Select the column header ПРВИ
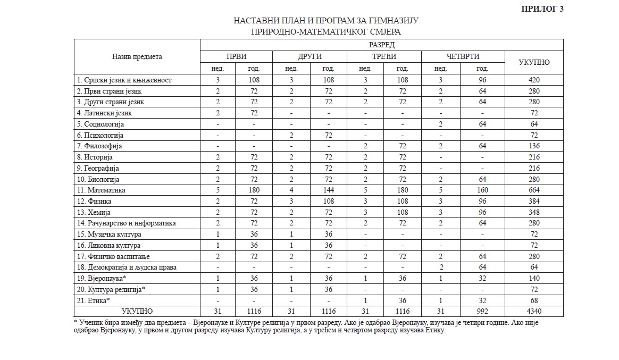click(236, 56)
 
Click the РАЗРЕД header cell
click(381, 45)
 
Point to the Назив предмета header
click(137, 56)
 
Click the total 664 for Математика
click(534, 190)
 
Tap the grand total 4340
click(534, 311)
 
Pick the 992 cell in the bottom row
click(482, 311)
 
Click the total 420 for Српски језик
click(534, 80)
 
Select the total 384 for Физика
click(534, 201)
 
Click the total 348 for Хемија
click(534, 212)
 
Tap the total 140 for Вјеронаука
click(534, 278)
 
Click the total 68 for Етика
click(534, 300)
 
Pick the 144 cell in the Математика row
click(328, 190)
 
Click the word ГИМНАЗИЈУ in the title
click(391, 21)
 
